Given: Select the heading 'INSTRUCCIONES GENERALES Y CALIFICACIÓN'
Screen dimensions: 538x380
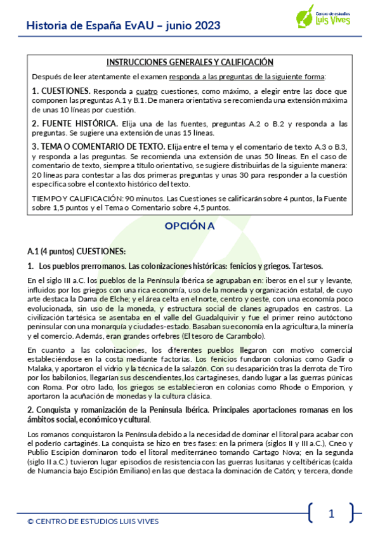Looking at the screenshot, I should (190, 62).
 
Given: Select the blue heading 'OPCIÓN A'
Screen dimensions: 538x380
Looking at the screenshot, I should (190, 226).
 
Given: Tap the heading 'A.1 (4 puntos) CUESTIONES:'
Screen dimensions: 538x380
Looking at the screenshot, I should (77, 251).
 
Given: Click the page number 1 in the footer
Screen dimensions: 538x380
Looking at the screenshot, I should (331, 514).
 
